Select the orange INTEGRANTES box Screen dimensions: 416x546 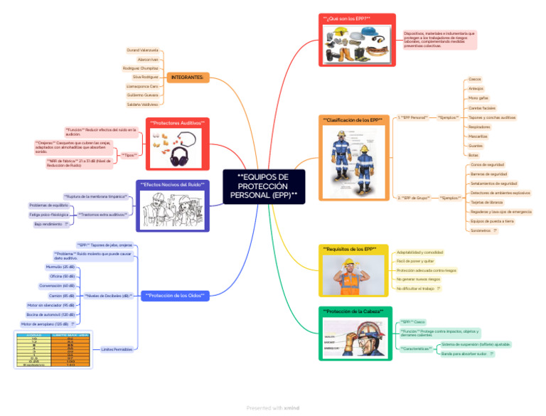click(188, 77)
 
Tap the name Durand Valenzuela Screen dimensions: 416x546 click(143, 51)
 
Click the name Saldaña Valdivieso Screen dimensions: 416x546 click(143, 104)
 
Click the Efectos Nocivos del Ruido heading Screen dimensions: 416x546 click(173, 184)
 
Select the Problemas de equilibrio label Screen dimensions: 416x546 click(49, 205)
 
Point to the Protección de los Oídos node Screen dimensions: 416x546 click(174, 295)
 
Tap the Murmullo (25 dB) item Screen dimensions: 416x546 click(60, 267)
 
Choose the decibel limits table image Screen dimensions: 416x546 click(53, 348)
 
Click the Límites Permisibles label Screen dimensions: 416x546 click(117, 349)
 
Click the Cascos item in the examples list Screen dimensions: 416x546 click(475, 79)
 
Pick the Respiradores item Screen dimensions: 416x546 click(478, 127)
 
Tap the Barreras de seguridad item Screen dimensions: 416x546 click(488, 174)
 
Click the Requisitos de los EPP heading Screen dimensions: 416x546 click(349, 249)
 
